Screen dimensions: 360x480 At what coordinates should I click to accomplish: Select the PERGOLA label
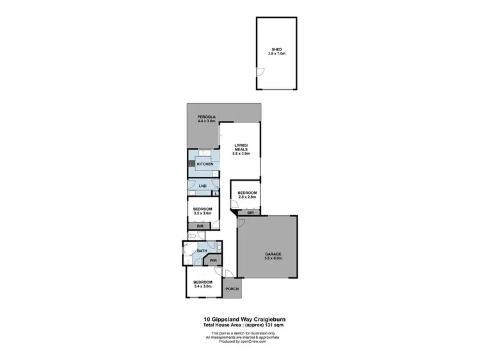click(x=206, y=116)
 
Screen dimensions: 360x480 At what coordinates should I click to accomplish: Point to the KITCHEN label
click(x=205, y=165)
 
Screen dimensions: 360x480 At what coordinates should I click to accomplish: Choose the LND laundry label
click(x=202, y=186)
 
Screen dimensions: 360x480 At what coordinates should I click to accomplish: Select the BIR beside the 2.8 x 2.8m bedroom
click(x=251, y=212)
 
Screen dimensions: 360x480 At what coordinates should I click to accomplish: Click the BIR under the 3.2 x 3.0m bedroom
click(x=200, y=226)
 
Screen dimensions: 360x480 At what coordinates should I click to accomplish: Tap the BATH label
click(x=202, y=250)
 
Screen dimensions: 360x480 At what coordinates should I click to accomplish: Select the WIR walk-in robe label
click(x=212, y=261)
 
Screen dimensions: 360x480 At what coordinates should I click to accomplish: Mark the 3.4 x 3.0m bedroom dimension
click(x=203, y=286)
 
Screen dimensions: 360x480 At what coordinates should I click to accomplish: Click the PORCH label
click(x=232, y=289)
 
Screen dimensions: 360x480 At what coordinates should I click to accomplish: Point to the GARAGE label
click(x=273, y=254)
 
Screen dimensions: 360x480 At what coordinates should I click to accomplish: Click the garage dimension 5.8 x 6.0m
click(x=273, y=259)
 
